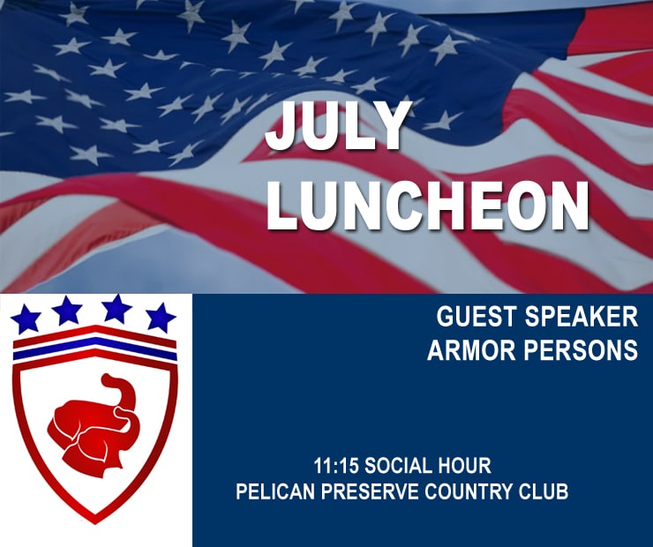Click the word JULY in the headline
(x=335, y=126)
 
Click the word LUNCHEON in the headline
(x=427, y=206)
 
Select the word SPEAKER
(x=581, y=317)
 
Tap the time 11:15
(x=336, y=466)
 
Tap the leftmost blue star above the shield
(x=26, y=318)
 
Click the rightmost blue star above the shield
(x=161, y=318)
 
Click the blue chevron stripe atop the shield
(x=95, y=348)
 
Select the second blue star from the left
(x=67, y=310)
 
